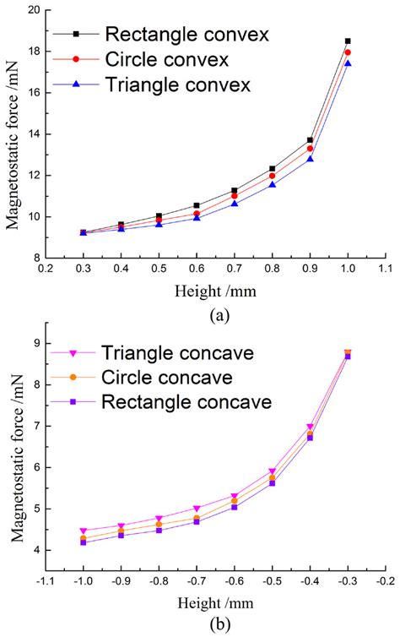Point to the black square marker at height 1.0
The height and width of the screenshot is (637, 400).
point(348,41)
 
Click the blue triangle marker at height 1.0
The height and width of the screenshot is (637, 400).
point(348,63)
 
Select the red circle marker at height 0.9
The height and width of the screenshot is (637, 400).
point(310,149)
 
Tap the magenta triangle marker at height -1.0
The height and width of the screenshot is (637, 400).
point(83,531)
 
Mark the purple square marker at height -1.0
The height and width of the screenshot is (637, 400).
point(83,542)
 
